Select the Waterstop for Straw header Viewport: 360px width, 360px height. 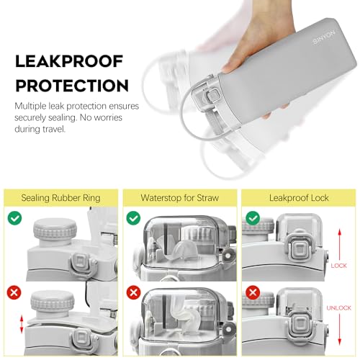click(x=180, y=197)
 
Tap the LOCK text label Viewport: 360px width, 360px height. click(x=338, y=266)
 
